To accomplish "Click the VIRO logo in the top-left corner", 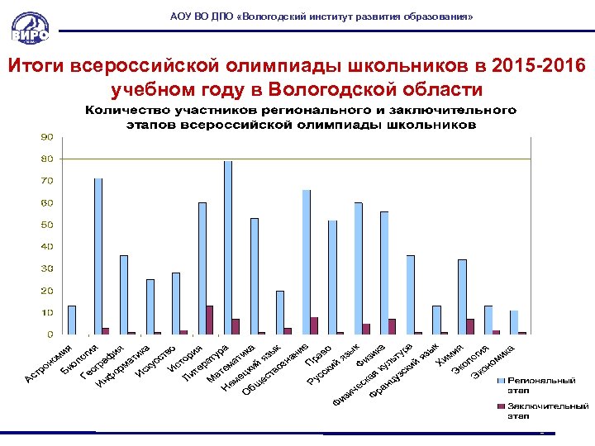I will [30, 24].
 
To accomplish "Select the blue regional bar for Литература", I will [228, 248].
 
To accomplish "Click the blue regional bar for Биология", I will [98, 256].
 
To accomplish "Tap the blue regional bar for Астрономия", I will [72, 320].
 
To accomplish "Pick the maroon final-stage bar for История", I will [209, 320].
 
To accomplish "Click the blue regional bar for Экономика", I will [514, 322].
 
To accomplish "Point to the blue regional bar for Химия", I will [462, 297].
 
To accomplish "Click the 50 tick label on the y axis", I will [48, 225].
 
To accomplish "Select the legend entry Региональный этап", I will [540, 384].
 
